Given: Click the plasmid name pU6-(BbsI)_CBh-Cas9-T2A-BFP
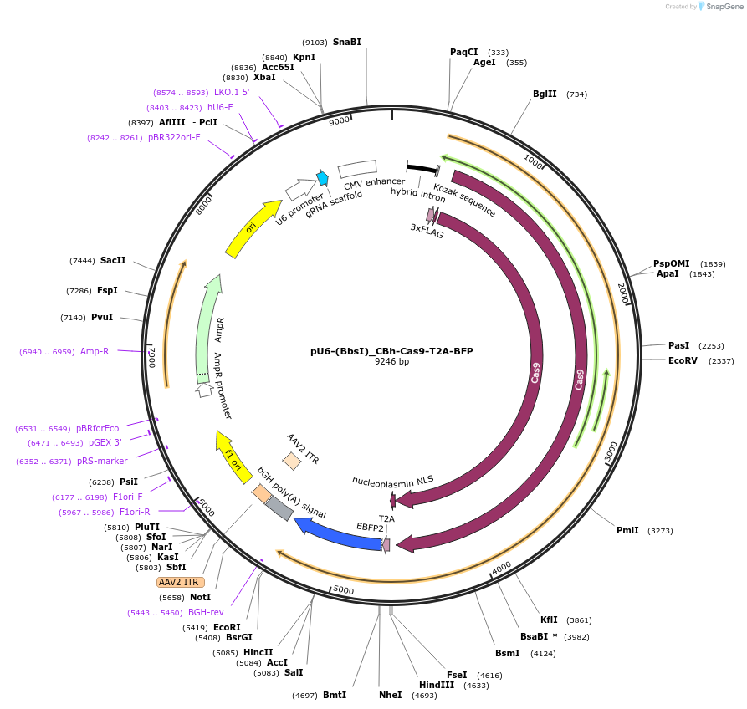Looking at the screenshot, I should (x=391, y=351).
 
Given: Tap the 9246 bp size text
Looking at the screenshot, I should (x=391, y=362).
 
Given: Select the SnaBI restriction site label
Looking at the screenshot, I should (x=346, y=42).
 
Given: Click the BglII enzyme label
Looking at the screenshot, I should (x=545, y=94).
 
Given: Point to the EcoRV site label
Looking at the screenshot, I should (x=683, y=360).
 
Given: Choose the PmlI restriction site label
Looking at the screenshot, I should (x=627, y=530).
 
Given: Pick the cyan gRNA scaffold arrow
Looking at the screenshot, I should (x=322, y=178).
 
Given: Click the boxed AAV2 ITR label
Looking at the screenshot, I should (x=180, y=582).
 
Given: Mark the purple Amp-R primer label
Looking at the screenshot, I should (x=94, y=352).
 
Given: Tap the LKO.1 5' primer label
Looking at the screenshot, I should (x=232, y=92).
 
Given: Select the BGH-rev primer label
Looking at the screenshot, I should (x=206, y=612).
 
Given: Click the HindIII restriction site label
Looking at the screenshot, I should (x=437, y=685).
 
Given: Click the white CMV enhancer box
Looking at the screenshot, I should (x=357, y=168).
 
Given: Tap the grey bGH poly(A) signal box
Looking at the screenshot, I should (x=279, y=508).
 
